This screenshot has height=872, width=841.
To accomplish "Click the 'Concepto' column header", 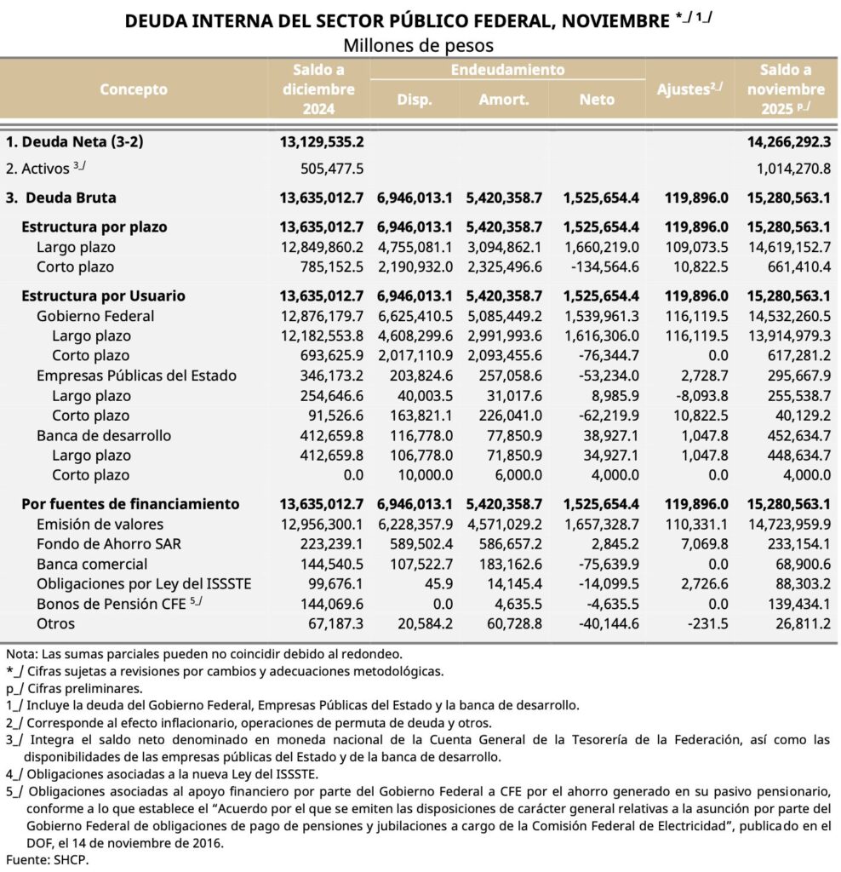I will tap(134, 89).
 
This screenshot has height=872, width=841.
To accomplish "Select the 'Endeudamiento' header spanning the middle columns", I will tap(507, 70).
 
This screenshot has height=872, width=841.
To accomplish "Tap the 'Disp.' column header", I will tap(415, 100).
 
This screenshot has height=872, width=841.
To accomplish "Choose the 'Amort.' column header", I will tap(504, 100).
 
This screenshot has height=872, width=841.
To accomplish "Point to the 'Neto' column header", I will tap(597, 100).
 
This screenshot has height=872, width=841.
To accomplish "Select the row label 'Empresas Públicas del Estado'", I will tap(136, 376).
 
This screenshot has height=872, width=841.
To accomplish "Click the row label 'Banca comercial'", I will tap(92, 564).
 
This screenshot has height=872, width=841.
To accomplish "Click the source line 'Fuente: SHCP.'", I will tap(47, 859).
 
